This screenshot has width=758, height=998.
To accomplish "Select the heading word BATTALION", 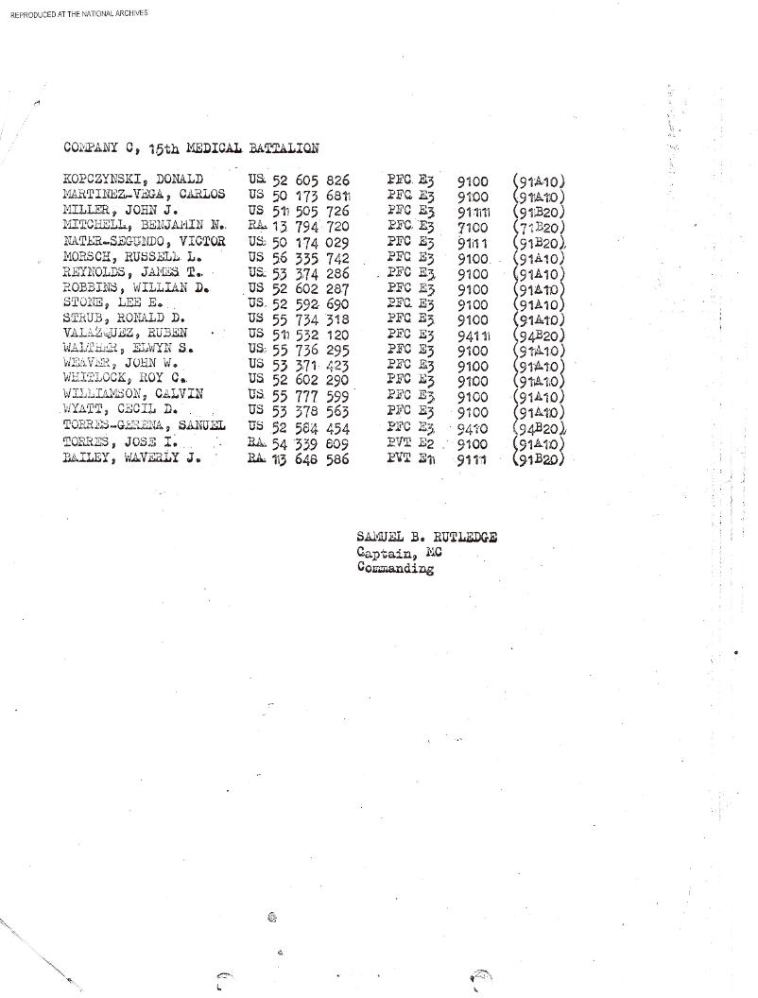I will click(282, 147).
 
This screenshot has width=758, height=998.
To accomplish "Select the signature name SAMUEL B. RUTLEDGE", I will click(428, 538).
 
